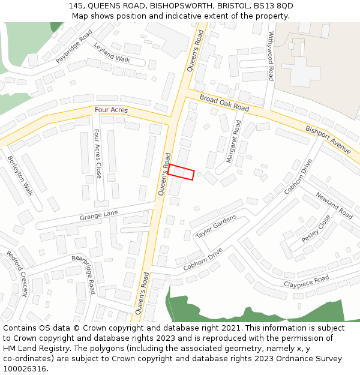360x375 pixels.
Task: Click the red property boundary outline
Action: [181, 172]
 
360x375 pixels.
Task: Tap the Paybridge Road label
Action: [74, 47]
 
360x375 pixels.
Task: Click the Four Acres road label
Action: [111, 110]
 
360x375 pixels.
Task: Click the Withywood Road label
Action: [271, 56]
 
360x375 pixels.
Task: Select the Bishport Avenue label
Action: [328, 139]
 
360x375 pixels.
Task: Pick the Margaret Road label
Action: [233, 141]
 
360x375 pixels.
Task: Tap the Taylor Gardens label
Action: [217, 226]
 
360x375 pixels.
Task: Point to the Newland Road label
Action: [334, 204]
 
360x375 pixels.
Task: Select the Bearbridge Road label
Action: [84, 275]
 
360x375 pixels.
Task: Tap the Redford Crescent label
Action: [17, 274]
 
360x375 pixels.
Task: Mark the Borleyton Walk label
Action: [20, 175]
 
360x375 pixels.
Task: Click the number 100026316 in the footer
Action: [26, 369]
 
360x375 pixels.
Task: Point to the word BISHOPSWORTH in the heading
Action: [178, 5]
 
